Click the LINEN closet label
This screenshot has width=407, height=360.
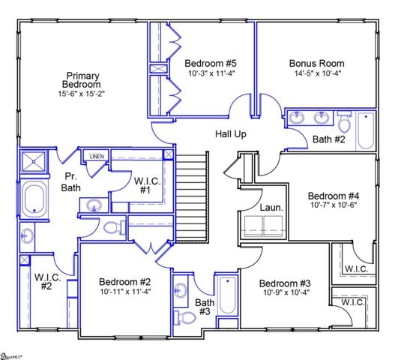click(x=97, y=156)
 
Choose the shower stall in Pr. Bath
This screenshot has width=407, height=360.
click(x=34, y=162)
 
